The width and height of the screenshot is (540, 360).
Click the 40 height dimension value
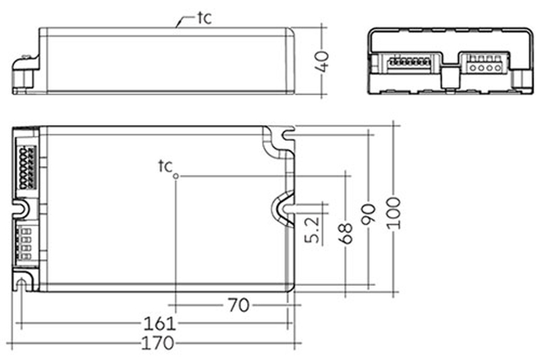(x=323, y=61)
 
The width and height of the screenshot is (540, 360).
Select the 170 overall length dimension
(x=158, y=343)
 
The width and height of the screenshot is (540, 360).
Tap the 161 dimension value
(x=159, y=324)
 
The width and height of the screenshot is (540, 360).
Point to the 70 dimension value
(x=239, y=305)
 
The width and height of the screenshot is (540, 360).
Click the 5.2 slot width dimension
(x=313, y=230)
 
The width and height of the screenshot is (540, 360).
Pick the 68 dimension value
(x=346, y=234)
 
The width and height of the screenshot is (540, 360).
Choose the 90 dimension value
(x=368, y=214)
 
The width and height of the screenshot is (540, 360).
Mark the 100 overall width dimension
(x=394, y=213)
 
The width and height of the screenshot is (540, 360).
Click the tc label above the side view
(x=205, y=18)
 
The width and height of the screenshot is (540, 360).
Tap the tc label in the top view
(x=165, y=166)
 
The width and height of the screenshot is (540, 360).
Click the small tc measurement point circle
(x=175, y=176)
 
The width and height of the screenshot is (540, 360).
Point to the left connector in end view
(x=408, y=63)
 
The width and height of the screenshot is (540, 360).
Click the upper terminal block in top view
(x=27, y=168)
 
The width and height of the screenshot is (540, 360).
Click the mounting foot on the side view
(x=26, y=74)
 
